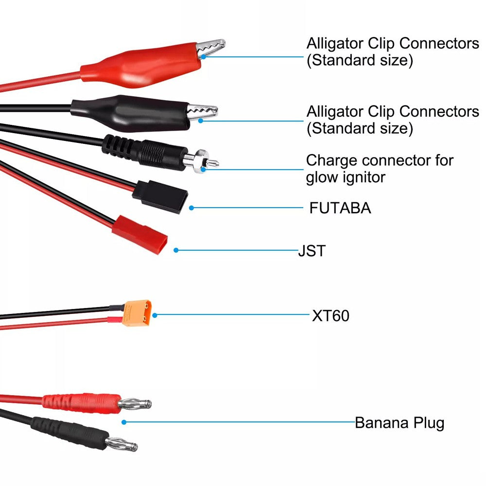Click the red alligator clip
tap(146, 66)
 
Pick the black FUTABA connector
tap(160, 195)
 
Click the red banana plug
tap(83, 401)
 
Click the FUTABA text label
tap(340, 208)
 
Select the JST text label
tap(312, 251)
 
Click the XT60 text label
tap(330, 316)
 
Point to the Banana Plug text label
tap(399, 423)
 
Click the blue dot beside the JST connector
tap(176, 250)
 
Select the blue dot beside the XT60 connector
tap(155, 315)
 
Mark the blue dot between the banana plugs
tap(124, 422)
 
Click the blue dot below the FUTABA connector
tap(191, 208)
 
